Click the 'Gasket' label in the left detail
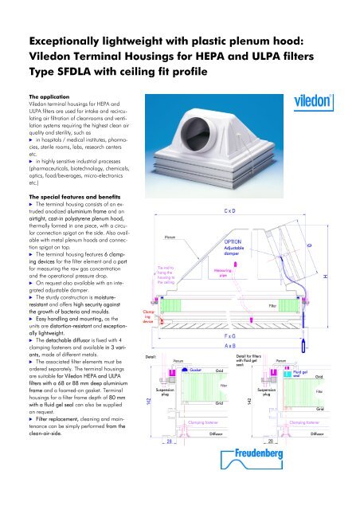coord(196,370)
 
